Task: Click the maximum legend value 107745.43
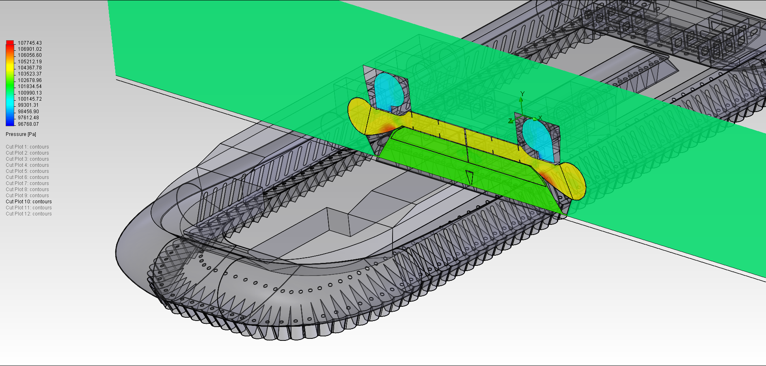pyautogui.click(x=30, y=43)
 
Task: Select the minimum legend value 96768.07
pyautogui.click(x=28, y=124)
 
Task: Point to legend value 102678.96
pyautogui.click(x=30, y=80)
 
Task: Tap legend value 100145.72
pyautogui.click(x=30, y=99)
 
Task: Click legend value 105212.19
pyautogui.click(x=30, y=62)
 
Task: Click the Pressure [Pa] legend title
pyautogui.click(x=21, y=134)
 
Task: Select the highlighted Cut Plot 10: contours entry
pyautogui.click(x=28, y=202)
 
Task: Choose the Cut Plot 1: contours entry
pyautogui.click(x=27, y=147)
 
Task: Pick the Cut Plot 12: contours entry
pyautogui.click(x=28, y=214)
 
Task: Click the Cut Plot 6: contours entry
pyautogui.click(x=27, y=177)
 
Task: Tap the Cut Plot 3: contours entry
pyautogui.click(x=27, y=159)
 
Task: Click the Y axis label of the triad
pyautogui.click(x=522, y=94)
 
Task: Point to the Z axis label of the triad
pyautogui.click(x=510, y=121)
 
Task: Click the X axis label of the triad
pyautogui.click(x=540, y=118)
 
